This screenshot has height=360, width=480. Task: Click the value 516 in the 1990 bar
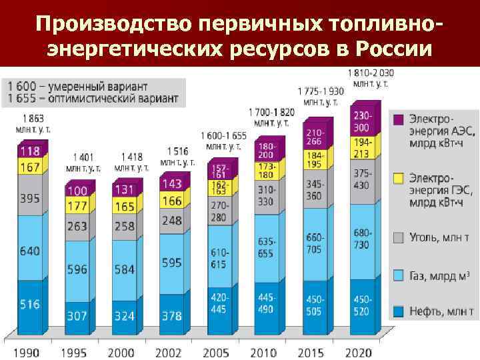[x=29, y=304]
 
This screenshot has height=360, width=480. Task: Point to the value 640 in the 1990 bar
[x=29, y=251]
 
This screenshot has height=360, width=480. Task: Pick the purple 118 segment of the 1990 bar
[x=29, y=151]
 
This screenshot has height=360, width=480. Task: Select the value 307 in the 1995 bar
[x=77, y=316]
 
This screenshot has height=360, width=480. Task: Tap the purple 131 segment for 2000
[x=125, y=189]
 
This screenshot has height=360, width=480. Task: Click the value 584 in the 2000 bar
[x=125, y=270]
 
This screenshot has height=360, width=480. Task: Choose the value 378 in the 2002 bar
[x=171, y=316]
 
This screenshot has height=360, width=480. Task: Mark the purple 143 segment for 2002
[x=171, y=183]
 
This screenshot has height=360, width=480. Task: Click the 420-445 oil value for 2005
[x=220, y=303]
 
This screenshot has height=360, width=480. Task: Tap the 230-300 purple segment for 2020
[x=362, y=122]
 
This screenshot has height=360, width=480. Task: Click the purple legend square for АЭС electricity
[x=399, y=119]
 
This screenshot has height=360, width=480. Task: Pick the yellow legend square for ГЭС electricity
[x=399, y=178]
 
